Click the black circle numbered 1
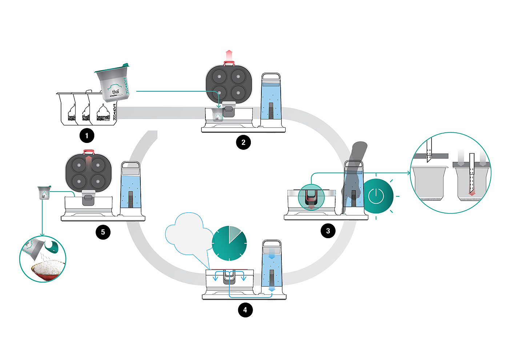87,136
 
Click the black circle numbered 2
243,142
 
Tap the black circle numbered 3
328,231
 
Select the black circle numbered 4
245,310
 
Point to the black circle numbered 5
103,232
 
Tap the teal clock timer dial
229,243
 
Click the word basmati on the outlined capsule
103,117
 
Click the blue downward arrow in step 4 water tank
271,287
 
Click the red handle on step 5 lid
89,152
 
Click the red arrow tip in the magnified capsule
472,193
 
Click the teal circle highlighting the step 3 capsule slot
311,198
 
